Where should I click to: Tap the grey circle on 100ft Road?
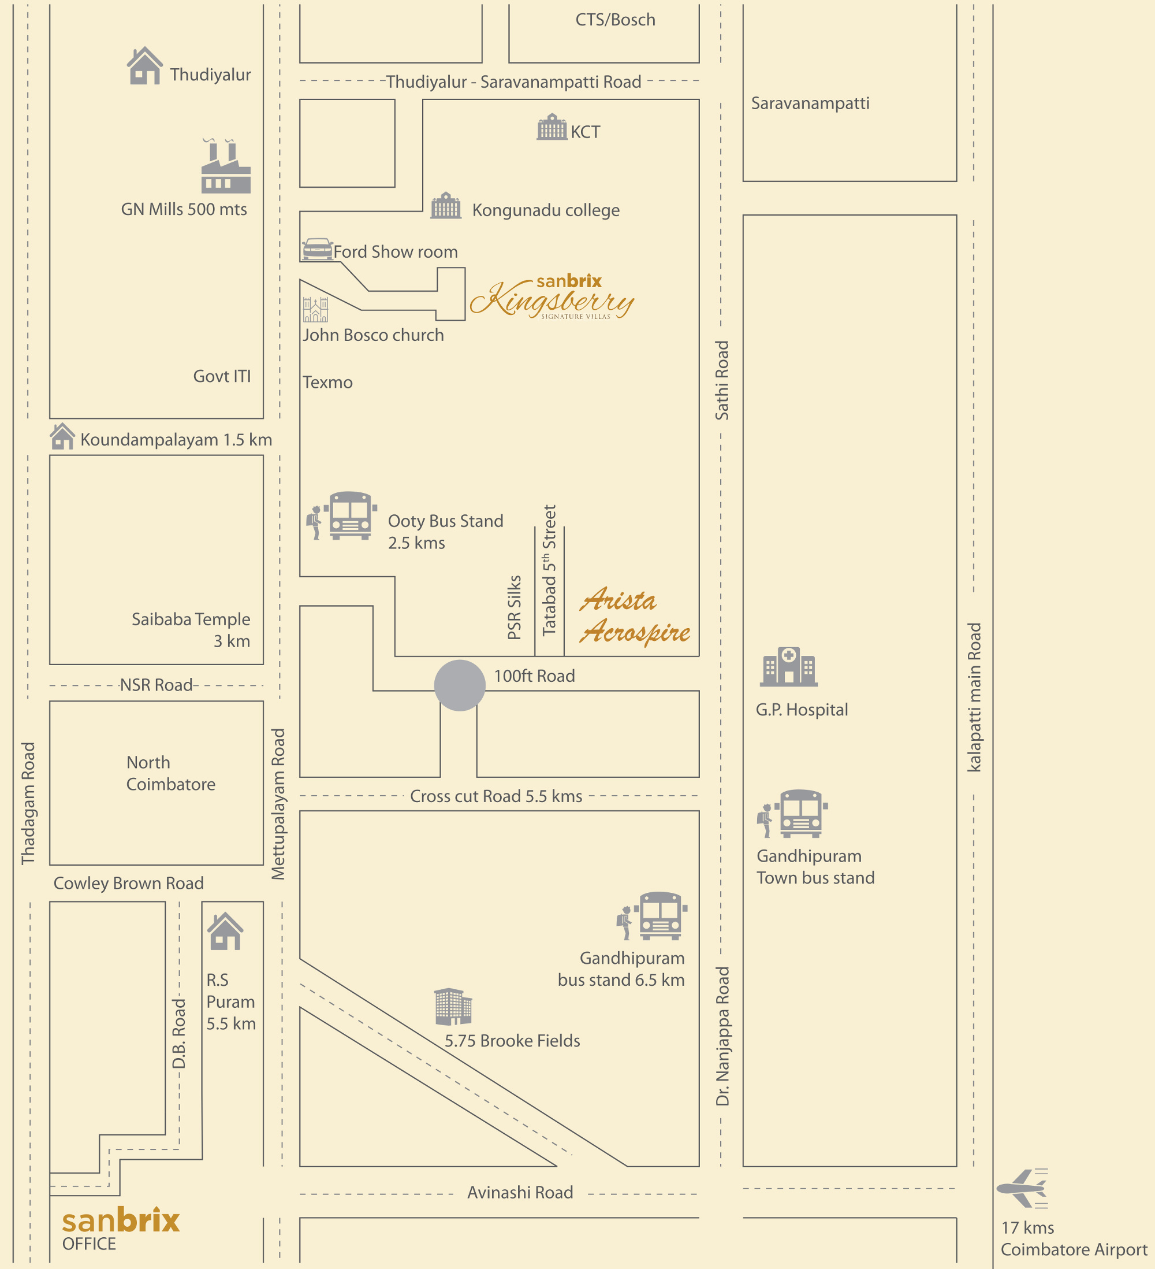point(460,685)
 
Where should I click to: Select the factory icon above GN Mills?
point(226,167)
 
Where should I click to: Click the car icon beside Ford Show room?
point(317,249)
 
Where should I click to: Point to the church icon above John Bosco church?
point(315,310)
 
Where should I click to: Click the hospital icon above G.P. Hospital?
point(788,667)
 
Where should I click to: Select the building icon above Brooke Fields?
point(453,1006)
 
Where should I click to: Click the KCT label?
point(585,132)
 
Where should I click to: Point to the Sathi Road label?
point(721,380)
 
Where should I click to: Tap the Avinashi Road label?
point(520,1192)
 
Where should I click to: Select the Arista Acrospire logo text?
point(634,616)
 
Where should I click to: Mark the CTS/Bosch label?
point(615,20)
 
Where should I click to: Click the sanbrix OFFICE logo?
point(120,1228)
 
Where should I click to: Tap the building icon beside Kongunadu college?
point(446,206)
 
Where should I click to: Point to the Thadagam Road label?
point(28,803)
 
